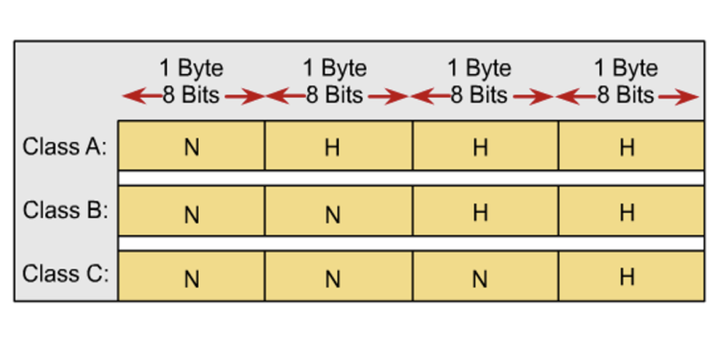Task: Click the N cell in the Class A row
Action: point(191,148)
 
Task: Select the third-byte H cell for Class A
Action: point(479,148)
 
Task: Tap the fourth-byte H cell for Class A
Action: point(627,148)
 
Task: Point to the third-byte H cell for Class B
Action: point(479,213)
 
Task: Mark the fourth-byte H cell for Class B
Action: point(627,213)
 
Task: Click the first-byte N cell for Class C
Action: point(191,278)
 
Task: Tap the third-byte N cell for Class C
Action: point(479,278)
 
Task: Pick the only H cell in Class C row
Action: point(627,277)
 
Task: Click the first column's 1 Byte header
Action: point(191,69)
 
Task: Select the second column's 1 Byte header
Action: point(334,69)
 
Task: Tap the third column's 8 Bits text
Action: point(479,95)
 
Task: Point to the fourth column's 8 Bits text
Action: point(626,95)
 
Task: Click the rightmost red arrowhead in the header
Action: point(689,96)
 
